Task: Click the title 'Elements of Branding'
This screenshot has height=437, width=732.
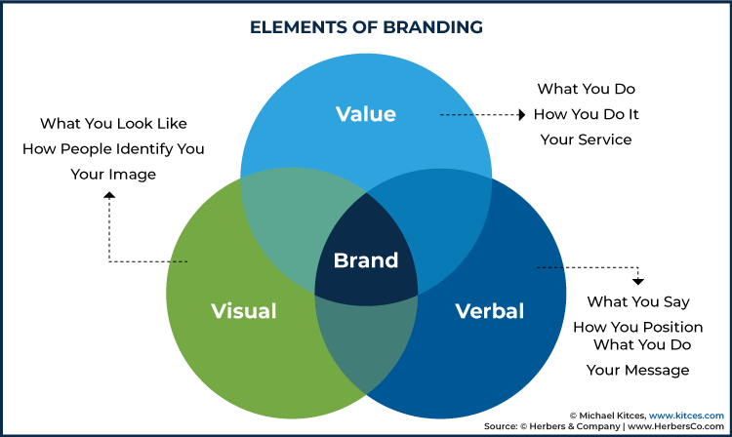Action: (366, 27)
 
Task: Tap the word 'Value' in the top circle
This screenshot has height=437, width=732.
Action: (366, 114)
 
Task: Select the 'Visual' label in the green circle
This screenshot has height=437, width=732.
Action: (244, 311)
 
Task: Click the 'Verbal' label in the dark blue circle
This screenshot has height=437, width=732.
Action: (490, 311)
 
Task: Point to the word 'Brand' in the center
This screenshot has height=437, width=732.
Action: (366, 260)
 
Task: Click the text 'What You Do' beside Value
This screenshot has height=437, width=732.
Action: (587, 89)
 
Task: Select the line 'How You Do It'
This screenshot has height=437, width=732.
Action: (587, 114)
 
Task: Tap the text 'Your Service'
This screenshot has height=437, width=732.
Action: (587, 139)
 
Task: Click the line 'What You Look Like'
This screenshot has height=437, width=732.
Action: (113, 123)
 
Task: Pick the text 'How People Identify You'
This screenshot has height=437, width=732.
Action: (113, 149)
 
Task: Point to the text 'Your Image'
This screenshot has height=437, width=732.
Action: (113, 175)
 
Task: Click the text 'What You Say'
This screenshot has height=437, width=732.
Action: (638, 301)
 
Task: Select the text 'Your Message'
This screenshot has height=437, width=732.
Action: (638, 371)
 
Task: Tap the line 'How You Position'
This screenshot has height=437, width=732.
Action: (638, 327)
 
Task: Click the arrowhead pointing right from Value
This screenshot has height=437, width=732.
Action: (522, 115)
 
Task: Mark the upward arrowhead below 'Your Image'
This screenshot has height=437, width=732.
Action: (109, 195)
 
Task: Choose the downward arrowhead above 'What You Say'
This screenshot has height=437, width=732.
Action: (638, 281)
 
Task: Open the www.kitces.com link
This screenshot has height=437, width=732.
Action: (686, 416)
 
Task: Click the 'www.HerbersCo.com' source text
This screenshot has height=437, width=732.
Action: (676, 426)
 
